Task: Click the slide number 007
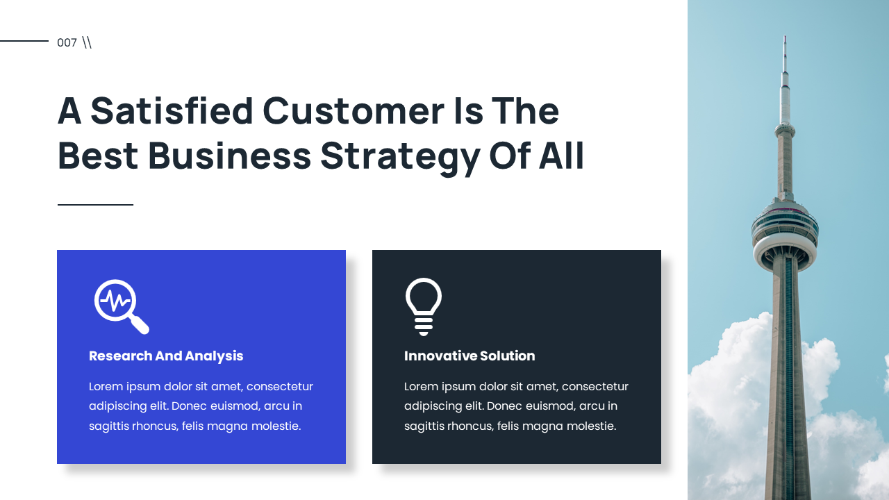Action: point(67,43)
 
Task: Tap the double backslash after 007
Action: point(87,42)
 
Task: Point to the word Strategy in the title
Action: point(400,156)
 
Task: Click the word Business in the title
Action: point(229,156)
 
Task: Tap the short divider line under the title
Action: point(95,205)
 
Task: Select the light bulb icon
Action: point(424,306)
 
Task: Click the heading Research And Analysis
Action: point(166,356)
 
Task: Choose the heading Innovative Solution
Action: point(470,356)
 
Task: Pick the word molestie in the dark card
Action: point(590,426)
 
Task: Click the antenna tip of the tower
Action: point(785,39)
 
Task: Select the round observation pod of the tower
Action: point(785,233)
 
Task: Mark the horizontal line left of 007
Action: point(24,41)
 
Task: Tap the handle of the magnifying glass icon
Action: point(140,324)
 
